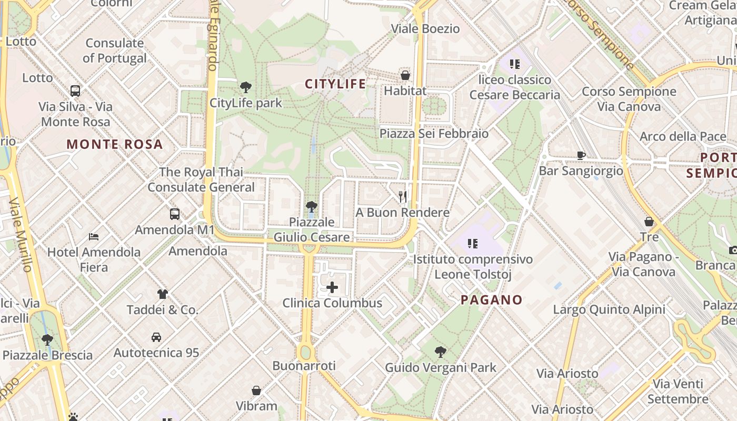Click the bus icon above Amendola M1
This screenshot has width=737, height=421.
175,214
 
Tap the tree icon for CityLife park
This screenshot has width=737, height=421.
245,87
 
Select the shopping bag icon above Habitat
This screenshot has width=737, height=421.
405,75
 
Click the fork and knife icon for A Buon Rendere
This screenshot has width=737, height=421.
402,197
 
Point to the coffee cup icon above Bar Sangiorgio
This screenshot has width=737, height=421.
581,155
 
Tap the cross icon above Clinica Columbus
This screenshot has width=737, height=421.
332,287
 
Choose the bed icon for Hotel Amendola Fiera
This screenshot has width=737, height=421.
94,237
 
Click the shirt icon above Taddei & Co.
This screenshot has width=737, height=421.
162,294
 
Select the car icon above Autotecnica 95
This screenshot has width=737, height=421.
156,337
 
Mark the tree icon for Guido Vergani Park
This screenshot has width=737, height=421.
441,352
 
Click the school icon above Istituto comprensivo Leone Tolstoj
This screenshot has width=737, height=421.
472,244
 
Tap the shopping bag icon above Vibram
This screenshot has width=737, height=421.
256,390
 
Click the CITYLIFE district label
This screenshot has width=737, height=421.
335,84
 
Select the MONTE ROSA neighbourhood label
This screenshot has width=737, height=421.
115,144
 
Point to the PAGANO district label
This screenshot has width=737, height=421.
492,300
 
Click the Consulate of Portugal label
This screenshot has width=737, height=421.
115,51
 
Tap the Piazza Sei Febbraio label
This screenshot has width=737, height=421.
434,134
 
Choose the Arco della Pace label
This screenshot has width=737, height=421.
683,137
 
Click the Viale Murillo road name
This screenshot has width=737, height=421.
21,234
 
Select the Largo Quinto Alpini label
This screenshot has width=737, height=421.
609,309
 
